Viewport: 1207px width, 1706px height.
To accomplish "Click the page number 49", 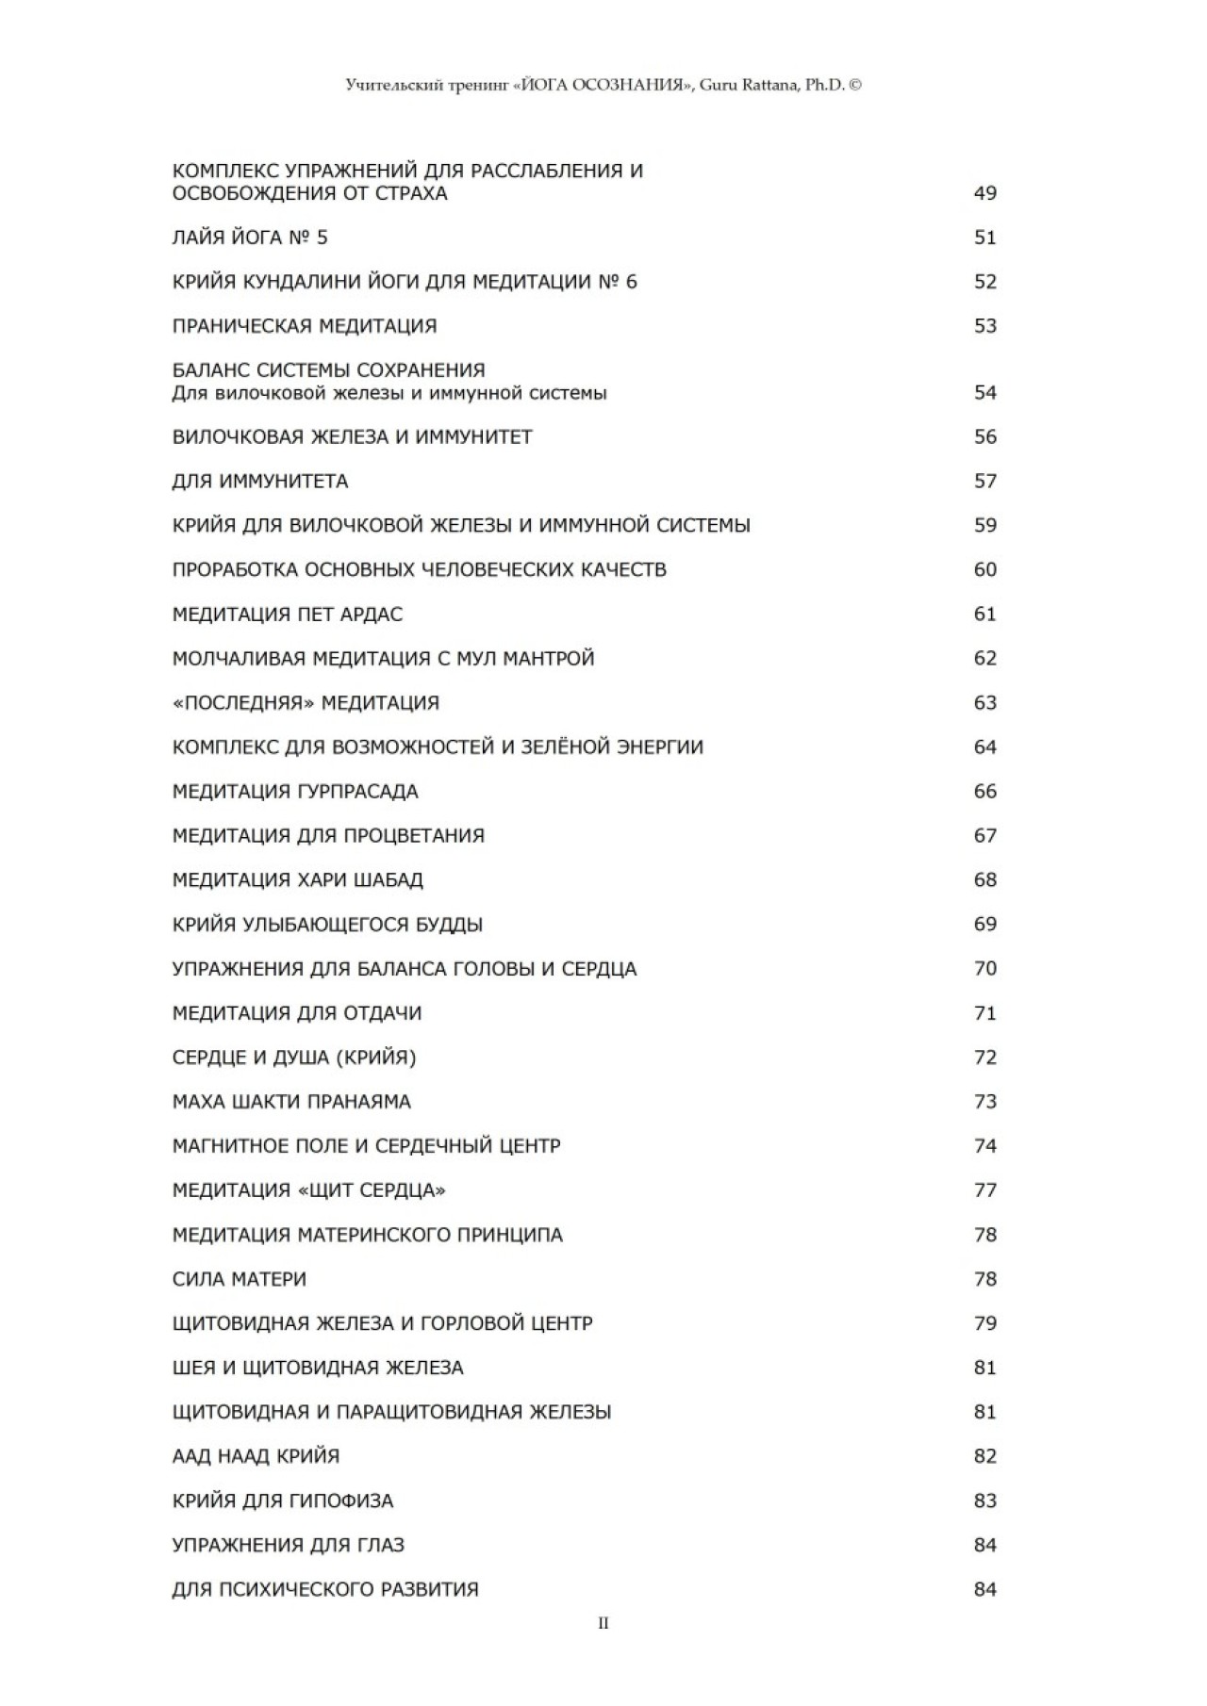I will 984,193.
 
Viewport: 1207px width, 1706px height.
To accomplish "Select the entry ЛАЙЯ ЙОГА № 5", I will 250,238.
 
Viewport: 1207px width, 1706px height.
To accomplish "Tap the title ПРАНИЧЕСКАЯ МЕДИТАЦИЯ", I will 305,326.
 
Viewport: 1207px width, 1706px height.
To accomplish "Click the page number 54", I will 984,392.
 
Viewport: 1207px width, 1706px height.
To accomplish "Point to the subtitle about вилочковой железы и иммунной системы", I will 389,393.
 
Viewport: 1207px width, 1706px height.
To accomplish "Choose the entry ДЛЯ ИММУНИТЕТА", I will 260,482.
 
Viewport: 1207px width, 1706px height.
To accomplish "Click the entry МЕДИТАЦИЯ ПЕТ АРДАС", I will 288,615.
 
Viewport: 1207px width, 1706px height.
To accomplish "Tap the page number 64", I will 984,747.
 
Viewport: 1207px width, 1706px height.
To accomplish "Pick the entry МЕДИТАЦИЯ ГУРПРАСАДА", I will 295,792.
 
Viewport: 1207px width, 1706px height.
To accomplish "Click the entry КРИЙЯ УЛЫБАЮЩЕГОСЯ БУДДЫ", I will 327,925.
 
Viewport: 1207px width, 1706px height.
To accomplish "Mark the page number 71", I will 984,1013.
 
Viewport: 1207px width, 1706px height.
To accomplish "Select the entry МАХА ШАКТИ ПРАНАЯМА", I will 291,1102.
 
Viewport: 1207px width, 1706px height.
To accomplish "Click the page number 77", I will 984,1190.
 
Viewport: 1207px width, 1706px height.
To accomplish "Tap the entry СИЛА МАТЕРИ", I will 240,1279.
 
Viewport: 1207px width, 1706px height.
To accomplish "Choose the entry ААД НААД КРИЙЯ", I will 256,1456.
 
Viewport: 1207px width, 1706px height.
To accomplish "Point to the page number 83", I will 984,1501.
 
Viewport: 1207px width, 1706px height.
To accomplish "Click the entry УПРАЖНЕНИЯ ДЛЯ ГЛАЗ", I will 289,1545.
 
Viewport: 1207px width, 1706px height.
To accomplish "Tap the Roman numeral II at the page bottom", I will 603,1623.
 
